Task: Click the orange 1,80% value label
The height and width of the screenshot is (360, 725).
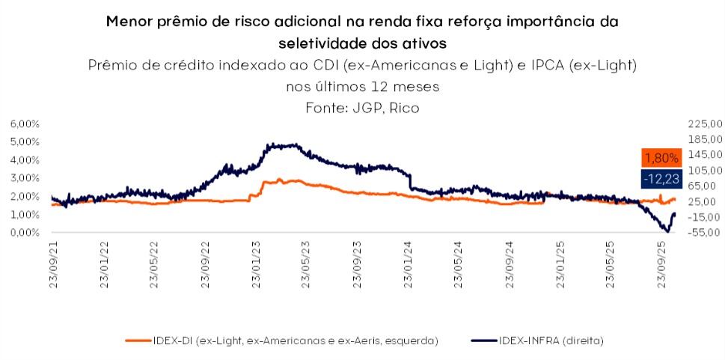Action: point(661,158)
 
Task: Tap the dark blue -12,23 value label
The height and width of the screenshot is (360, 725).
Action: point(661,178)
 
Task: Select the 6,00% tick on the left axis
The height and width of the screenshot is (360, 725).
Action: point(25,123)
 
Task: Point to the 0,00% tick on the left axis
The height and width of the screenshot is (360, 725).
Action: point(25,233)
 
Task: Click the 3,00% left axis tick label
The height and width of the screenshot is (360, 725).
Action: point(25,178)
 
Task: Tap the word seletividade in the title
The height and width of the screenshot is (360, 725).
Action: point(319,43)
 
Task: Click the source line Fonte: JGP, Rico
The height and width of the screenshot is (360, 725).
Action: point(362,108)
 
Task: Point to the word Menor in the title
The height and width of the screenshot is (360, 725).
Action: point(131,22)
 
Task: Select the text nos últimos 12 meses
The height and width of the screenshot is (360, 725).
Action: point(362,86)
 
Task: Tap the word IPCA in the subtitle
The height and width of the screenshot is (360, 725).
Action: point(548,65)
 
